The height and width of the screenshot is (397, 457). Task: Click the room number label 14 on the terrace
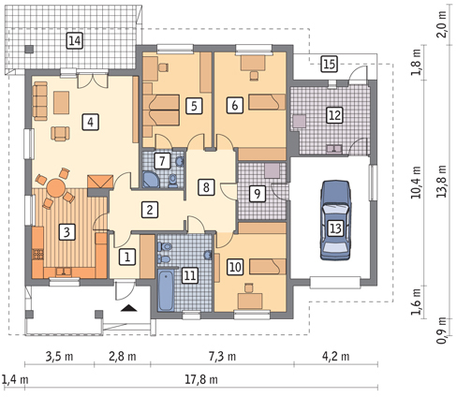[x=75, y=41]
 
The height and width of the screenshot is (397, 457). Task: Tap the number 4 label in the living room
[x=90, y=122]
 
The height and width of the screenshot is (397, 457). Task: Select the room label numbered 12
[x=334, y=115]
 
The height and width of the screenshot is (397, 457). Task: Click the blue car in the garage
[x=335, y=220]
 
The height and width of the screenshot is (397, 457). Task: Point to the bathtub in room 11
[x=166, y=291]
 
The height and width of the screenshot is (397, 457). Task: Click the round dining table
[x=56, y=187]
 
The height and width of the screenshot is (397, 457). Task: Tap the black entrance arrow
[x=129, y=308]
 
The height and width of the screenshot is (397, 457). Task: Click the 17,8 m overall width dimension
[x=201, y=380]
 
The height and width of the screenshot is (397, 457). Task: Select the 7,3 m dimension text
[x=223, y=356]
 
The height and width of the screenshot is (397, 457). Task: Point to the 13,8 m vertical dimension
[x=442, y=182]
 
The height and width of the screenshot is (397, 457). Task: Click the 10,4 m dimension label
[x=416, y=183]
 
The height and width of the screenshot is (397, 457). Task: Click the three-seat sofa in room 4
[x=40, y=101]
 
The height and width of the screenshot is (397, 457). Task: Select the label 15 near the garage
[x=330, y=65]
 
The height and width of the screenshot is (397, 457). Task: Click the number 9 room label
[x=258, y=194]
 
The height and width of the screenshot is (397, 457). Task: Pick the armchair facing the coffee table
[x=61, y=134]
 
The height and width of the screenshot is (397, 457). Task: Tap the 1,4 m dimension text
[x=15, y=380]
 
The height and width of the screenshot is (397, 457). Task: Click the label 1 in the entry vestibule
[x=127, y=257]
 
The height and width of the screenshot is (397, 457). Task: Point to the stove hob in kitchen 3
[x=38, y=254]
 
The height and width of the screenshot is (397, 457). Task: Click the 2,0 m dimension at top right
[x=442, y=24]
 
